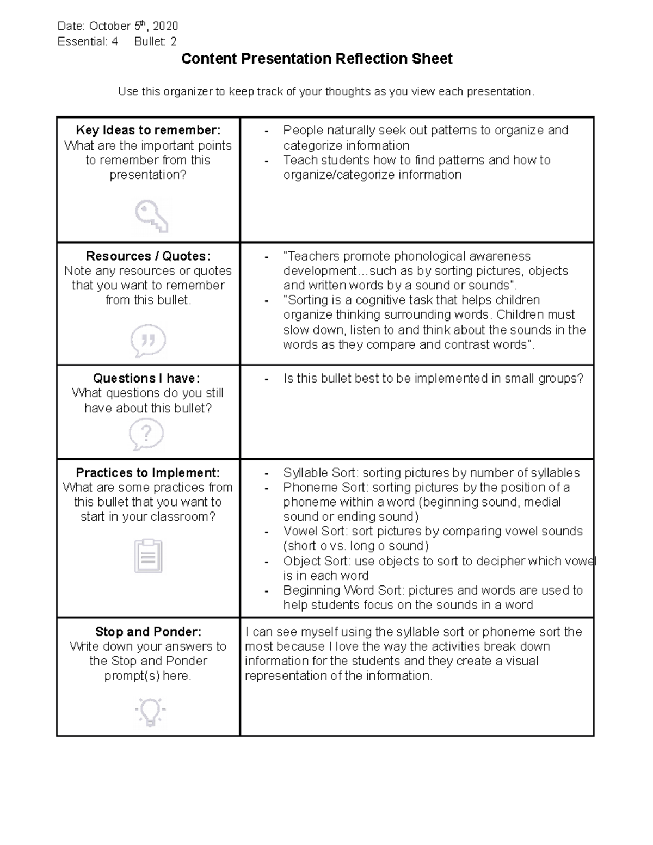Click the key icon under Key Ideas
coord(151,216)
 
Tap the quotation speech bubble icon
coord(148,341)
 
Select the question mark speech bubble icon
coord(146,435)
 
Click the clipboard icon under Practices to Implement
coord(148,556)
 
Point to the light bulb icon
coord(150,711)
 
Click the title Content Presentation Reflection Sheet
coord(317,59)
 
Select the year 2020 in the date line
coord(165,26)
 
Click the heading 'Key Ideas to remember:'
coord(148,130)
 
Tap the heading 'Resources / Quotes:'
coord(148,256)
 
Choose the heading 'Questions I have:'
coord(146,378)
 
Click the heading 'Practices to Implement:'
coord(148,472)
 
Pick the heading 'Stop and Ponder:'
coord(148,631)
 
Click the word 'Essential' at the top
coord(82,41)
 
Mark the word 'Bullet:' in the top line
coord(150,41)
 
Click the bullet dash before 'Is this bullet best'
coord(266,379)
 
